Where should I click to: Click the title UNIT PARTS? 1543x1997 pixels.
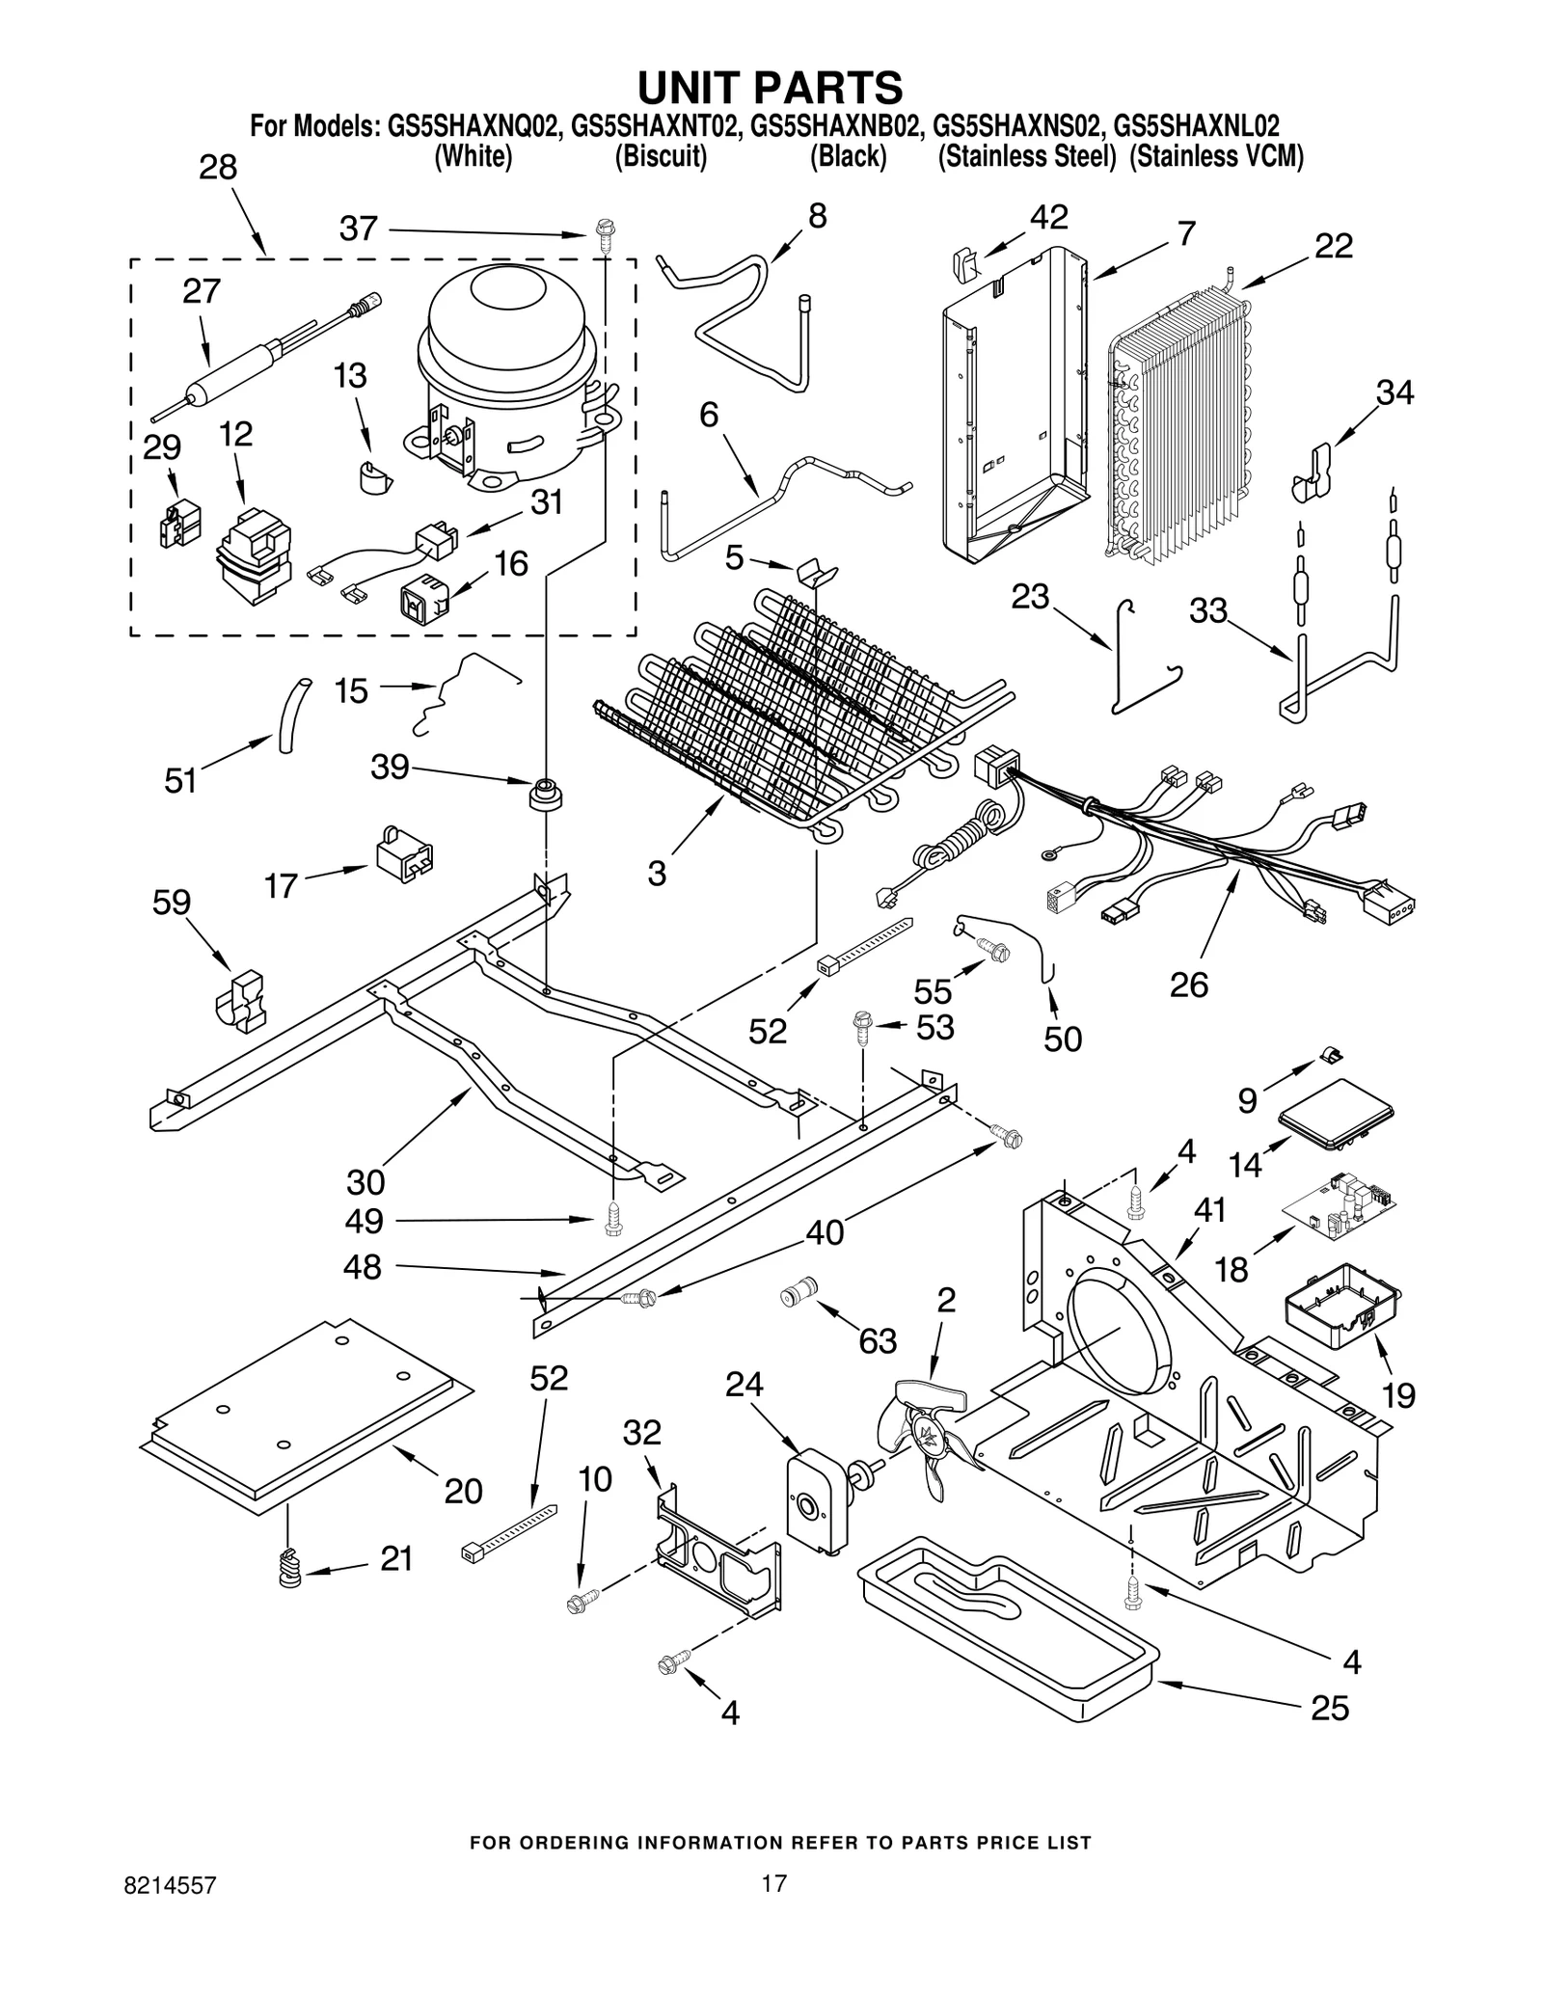coord(770,87)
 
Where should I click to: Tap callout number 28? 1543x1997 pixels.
coord(218,168)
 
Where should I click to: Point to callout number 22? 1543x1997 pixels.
coord(1334,246)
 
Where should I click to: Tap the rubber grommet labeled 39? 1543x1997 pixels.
coord(545,795)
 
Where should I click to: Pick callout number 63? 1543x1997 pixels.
coord(878,1340)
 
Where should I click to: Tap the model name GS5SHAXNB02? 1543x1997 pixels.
coord(836,126)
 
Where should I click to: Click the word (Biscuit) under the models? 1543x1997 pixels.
coord(661,156)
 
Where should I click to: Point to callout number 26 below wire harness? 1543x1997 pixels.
coord(1188,985)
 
